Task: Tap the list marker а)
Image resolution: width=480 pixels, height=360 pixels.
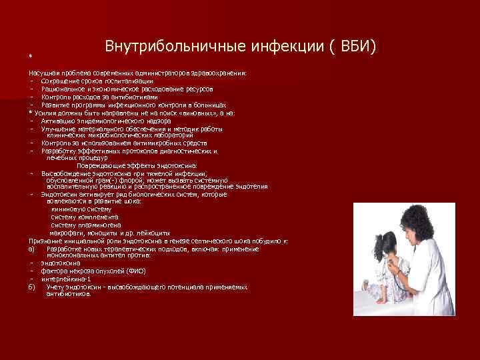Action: coord(31,248)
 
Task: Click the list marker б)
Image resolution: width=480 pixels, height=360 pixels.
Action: coord(31,287)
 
